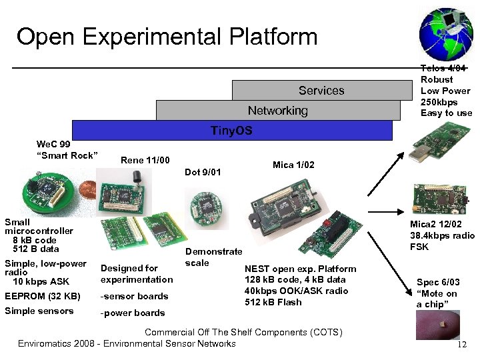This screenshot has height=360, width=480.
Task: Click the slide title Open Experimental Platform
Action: (167, 37)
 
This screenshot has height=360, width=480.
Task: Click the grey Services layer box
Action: (321, 90)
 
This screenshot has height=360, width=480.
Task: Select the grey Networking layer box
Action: (277, 110)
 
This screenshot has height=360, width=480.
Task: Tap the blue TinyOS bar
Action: (231, 130)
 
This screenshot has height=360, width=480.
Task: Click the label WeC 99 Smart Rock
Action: (67, 151)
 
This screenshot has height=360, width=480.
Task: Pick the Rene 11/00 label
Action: (145, 160)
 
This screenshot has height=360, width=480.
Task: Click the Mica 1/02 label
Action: (293, 165)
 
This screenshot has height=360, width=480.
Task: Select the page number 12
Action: (461, 344)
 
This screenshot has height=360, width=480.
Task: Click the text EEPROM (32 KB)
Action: (42, 296)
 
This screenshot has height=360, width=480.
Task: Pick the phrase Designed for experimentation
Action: (136, 274)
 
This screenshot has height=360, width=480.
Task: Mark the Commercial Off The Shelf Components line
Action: (243, 332)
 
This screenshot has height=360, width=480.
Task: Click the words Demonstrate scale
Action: (213, 257)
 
